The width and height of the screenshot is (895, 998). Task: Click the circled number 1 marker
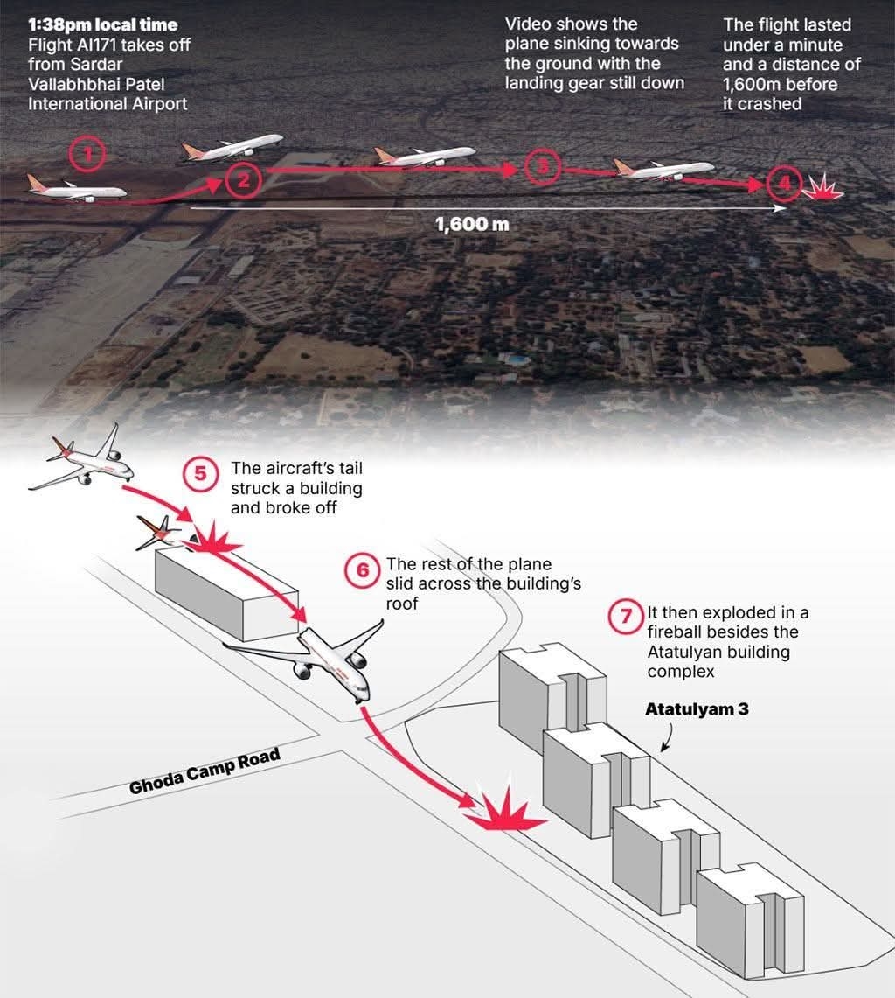point(87,157)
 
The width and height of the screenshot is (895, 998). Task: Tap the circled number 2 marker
point(243,180)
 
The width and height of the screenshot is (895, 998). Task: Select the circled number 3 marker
point(544,167)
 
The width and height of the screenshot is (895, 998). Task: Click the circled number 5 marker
point(200,474)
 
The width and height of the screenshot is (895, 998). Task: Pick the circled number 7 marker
point(626,615)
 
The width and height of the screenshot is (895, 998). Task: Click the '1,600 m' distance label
point(472,224)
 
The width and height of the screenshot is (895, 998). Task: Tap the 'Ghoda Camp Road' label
point(205,771)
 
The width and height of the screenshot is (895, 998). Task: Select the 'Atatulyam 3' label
point(697,709)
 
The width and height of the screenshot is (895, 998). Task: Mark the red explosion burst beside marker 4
point(822,187)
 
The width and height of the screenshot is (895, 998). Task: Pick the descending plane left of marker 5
point(83,462)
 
